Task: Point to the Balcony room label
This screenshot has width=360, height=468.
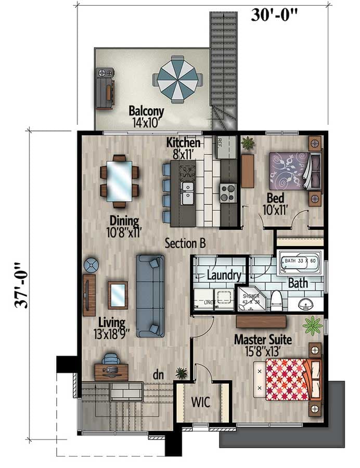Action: pyautogui.click(x=146, y=111)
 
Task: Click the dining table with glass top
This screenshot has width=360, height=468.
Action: pyautogui.click(x=119, y=180)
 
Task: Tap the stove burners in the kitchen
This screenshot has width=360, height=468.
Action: pyautogui.click(x=227, y=192)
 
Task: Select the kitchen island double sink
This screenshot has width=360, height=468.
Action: pyautogui.click(x=187, y=192)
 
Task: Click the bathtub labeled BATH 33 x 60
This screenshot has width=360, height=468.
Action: pyautogui.click(x=301, y=263)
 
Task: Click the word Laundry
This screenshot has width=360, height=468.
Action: pyautogui.click(x=224, y=276)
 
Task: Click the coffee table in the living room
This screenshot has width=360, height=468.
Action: pyautogui.click(x=118, y=294)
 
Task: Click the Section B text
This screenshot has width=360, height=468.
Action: pyautogui.click(x=186, y=242)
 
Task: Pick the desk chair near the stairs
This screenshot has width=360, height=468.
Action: pyautogui.click(x=110, y=359)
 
